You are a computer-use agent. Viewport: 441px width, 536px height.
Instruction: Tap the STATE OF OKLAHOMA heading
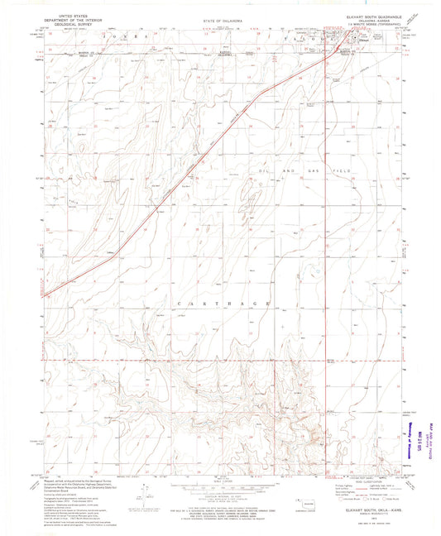point(223,17)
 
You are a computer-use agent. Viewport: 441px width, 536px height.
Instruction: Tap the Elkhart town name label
point(354,36)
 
